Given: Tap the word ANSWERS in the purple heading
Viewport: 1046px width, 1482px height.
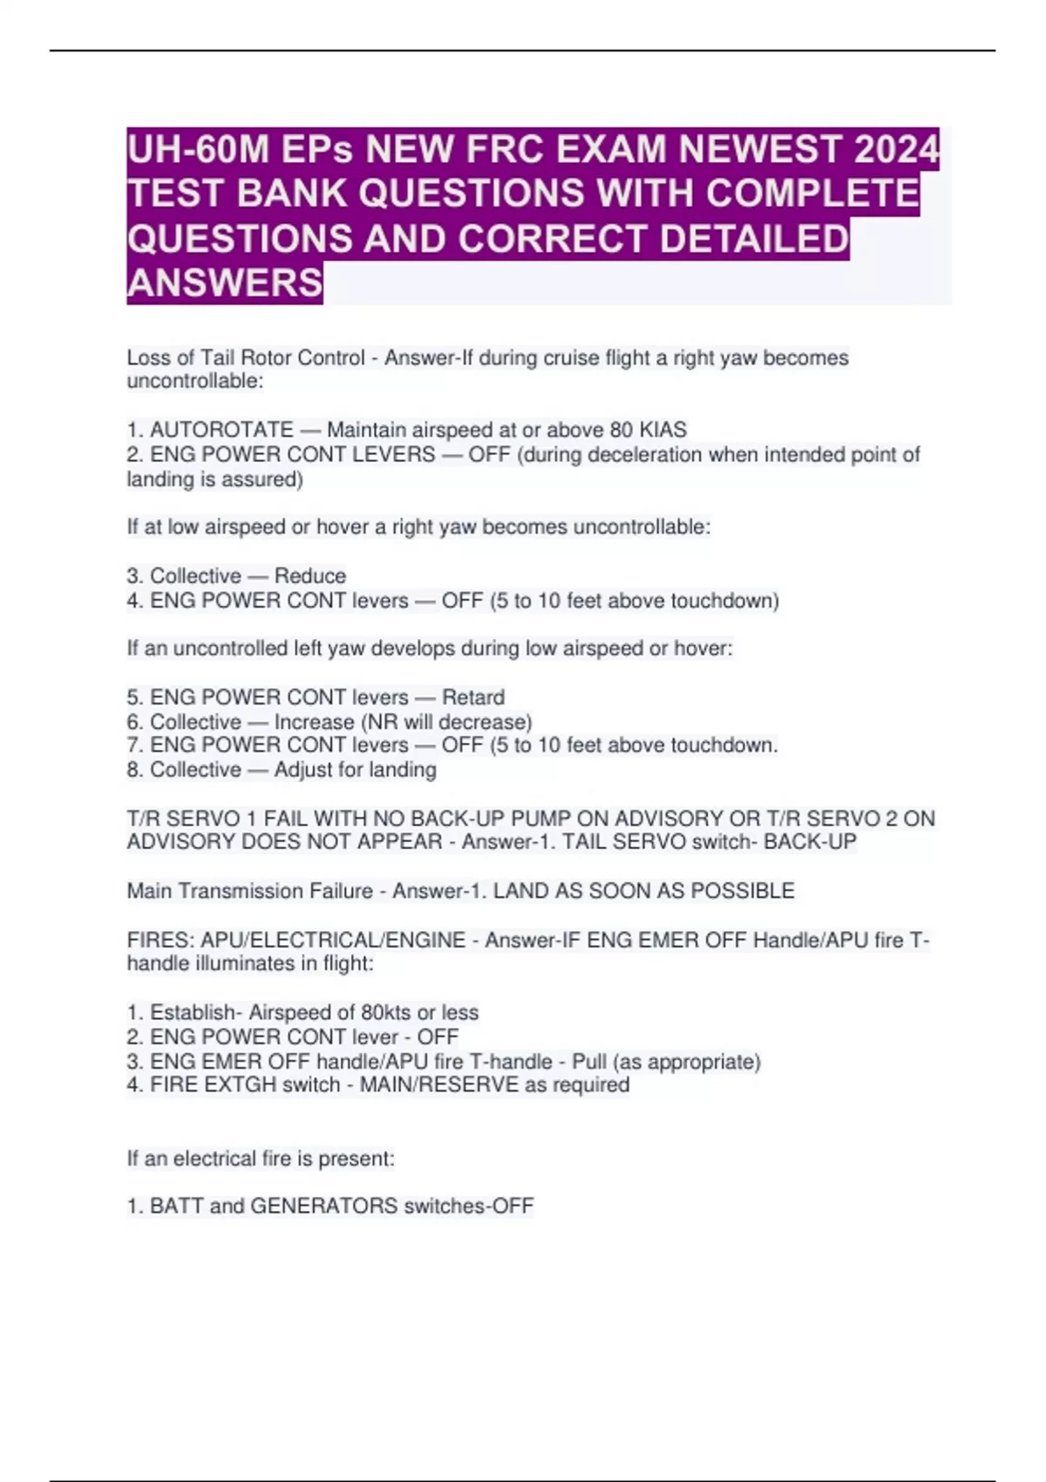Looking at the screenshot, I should point(225,282).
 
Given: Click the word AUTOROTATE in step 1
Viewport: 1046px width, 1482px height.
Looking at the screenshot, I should point(221,430).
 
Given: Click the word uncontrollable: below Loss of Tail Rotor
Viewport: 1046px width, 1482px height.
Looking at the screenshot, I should point(194,381).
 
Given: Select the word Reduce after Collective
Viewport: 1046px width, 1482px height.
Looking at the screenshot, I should point(310,575).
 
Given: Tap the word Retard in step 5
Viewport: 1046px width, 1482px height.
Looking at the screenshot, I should point(473,697).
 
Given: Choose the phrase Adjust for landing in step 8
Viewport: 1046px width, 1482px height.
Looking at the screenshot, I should point(355,770).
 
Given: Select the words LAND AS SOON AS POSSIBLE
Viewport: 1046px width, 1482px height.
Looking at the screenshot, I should point(643,891).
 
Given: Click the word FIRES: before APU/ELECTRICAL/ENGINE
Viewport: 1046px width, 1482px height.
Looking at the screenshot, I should point(160,940).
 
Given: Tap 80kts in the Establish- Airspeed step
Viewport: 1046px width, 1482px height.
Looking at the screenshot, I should point(385,1012).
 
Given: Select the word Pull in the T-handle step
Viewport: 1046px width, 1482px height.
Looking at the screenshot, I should point(589,1062).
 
